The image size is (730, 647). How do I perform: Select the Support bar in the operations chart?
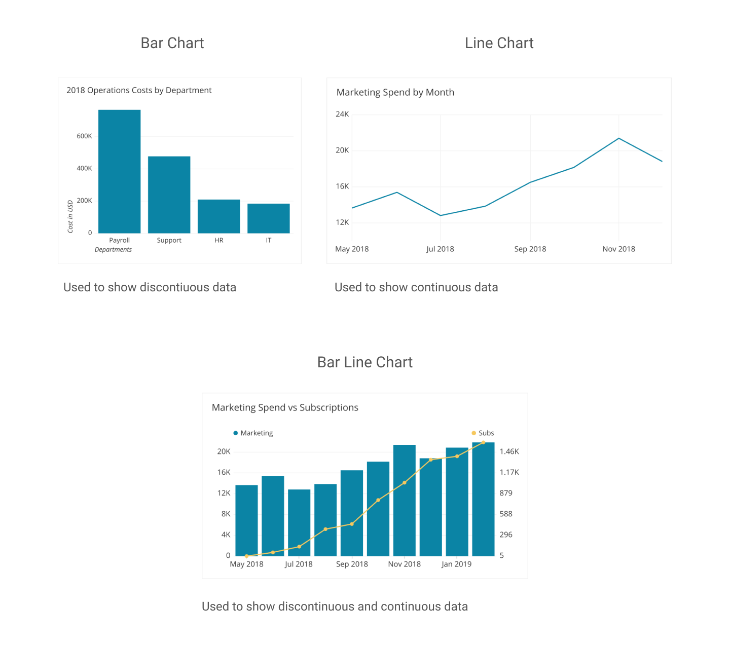169,195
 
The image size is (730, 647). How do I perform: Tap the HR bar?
218,216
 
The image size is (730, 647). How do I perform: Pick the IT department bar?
268,218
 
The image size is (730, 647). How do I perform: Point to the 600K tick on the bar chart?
84,136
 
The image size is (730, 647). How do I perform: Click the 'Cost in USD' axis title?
70,216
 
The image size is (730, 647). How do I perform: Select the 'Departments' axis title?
113,250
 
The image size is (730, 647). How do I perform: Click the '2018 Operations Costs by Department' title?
139,90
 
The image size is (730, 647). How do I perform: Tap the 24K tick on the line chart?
342,115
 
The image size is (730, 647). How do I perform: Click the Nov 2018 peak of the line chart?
618,138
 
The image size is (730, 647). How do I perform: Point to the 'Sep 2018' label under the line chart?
530,249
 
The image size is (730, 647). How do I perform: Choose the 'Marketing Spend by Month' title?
395,92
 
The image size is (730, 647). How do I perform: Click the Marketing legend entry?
253,433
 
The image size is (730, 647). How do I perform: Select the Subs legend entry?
483,433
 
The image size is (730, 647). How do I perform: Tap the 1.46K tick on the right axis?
509,451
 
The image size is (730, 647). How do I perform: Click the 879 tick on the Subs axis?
506,493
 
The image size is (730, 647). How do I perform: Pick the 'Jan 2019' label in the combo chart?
456,564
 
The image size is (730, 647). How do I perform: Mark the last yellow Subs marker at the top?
483,442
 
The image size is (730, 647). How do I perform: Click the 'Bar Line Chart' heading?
364,362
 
